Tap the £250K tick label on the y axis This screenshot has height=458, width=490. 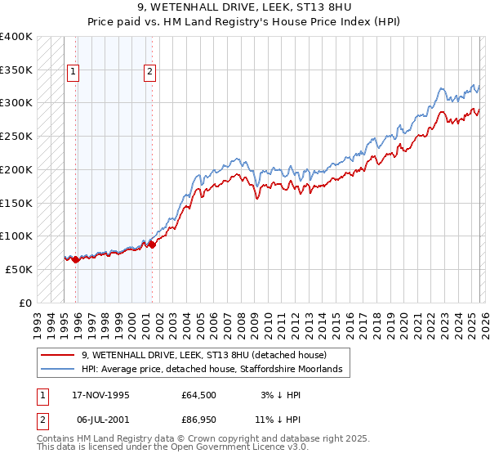point(16,137)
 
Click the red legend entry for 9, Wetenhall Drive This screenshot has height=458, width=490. point(204,355)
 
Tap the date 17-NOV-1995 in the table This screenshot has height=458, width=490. point(101,395)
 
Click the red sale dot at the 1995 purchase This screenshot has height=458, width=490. point(76,259)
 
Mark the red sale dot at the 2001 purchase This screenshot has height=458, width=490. point(152,245)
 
